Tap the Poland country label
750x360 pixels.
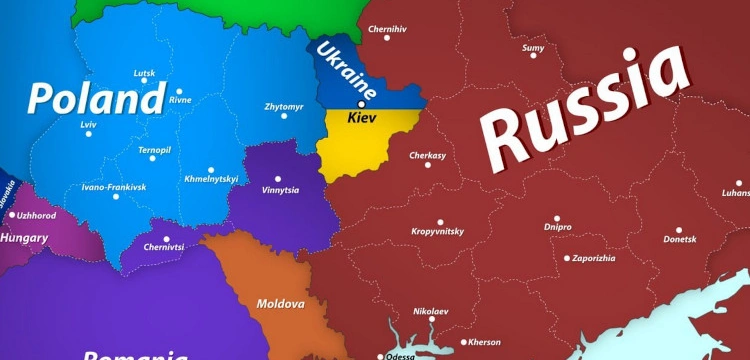[96, 99]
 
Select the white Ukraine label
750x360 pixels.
[346, 71]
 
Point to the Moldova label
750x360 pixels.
[280, 302]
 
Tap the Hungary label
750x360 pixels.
[25, 238]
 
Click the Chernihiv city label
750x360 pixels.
[388, 29]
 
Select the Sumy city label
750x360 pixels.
[534, 46]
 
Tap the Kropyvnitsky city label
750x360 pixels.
[438, 231]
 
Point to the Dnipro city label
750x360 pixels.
[558, 227]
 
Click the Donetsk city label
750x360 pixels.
[679, 239]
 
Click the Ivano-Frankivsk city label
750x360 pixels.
[114, 187]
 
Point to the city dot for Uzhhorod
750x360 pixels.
[12, 214]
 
